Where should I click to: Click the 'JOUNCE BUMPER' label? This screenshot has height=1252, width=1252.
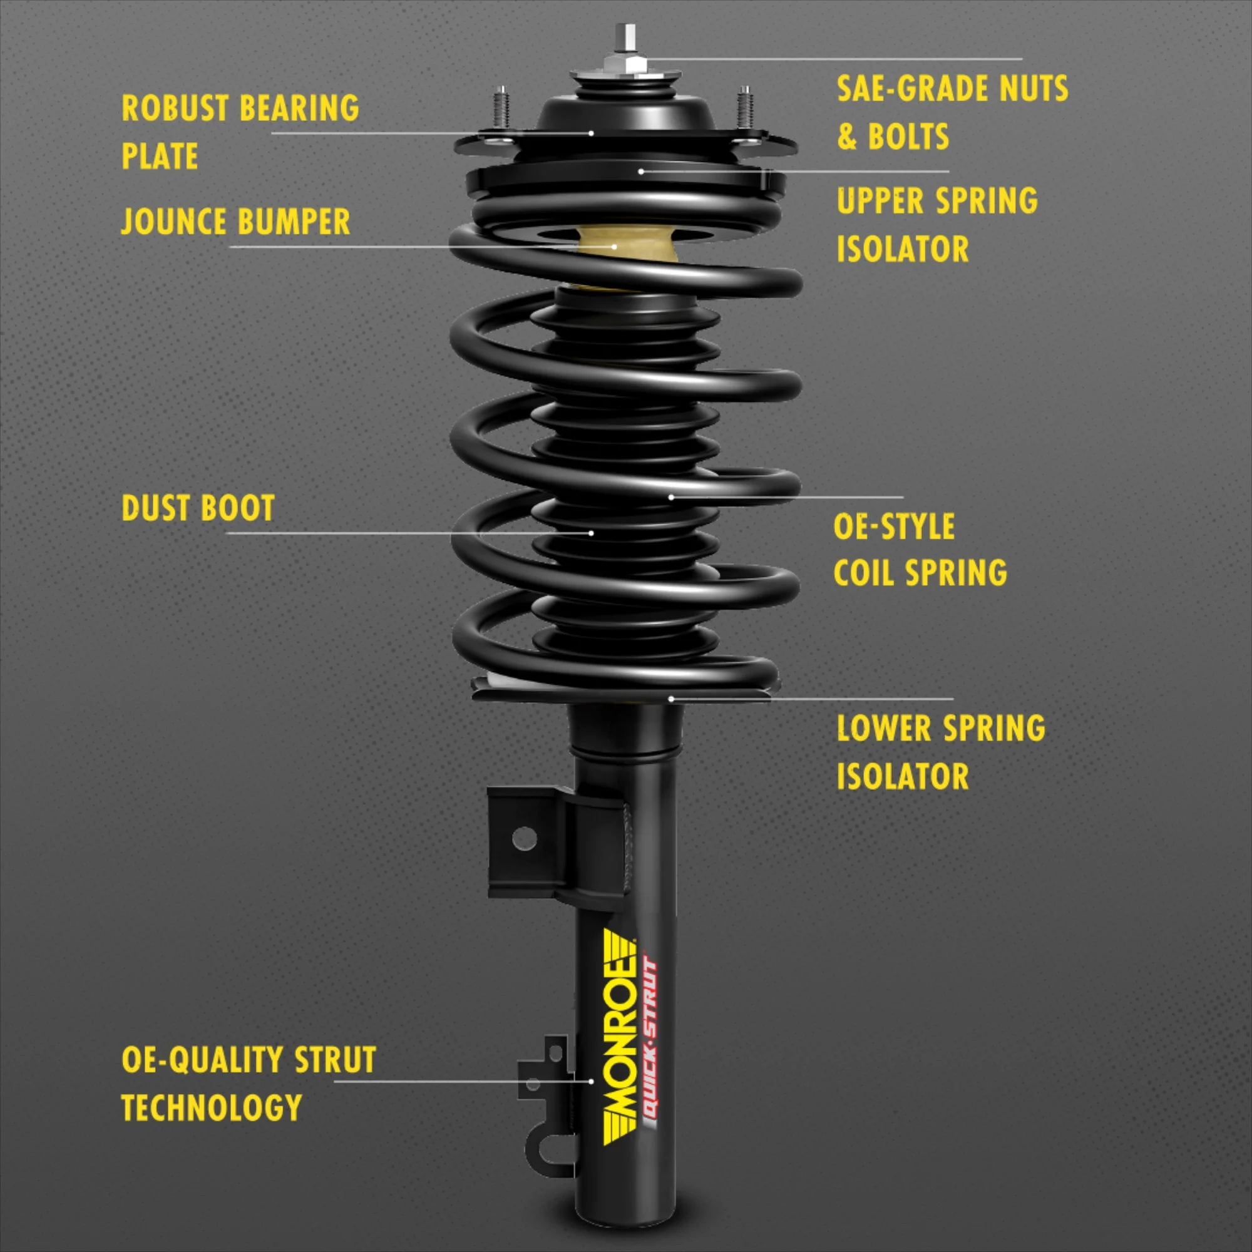point(235,222)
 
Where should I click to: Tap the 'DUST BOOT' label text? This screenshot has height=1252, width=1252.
point(198,508)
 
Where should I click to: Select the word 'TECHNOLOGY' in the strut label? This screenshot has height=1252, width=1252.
point(211,1107)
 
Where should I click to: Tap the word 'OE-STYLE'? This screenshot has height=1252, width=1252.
point(894,526)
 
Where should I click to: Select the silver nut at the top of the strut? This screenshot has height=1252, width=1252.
point(626,63)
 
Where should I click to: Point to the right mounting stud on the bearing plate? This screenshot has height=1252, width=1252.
point(744,108)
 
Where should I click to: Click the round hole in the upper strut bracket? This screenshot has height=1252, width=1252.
point(523,839)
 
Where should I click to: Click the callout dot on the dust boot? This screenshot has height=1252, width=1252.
point(591,533)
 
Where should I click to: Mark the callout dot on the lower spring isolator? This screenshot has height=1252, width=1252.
point(671,699)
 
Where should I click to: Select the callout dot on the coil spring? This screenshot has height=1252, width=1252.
point(671,497)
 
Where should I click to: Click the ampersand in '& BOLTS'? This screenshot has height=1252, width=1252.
point(846,136)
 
